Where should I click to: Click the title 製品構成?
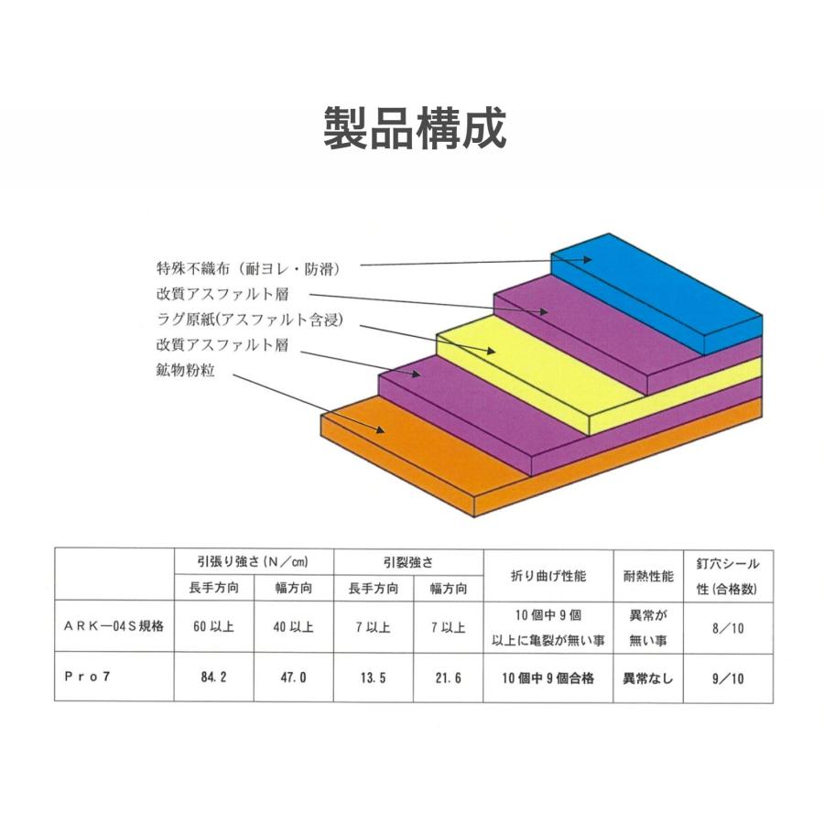pos(415,127)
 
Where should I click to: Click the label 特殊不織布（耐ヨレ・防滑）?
pos(248,268)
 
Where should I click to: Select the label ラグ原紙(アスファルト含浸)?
pos(250,320)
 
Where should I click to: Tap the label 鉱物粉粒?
pos(186,370)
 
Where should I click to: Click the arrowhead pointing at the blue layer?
pos(587,259)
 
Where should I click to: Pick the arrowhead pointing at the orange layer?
pos(379,429)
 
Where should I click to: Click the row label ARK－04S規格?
pos(114,626)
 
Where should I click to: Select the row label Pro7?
pos(87,677)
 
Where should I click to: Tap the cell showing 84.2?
pos(213,677)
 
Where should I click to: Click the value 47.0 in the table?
pos(293,677)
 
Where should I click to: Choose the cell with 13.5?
pos(374,678)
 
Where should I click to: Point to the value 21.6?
pos(449,678)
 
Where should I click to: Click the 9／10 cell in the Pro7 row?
pos(728,678)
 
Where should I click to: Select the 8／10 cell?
pos(728,628)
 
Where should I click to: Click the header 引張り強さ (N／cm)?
pos(253,561)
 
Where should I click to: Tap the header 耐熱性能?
pos(648,576)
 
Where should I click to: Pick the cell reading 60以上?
pos(213,626)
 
